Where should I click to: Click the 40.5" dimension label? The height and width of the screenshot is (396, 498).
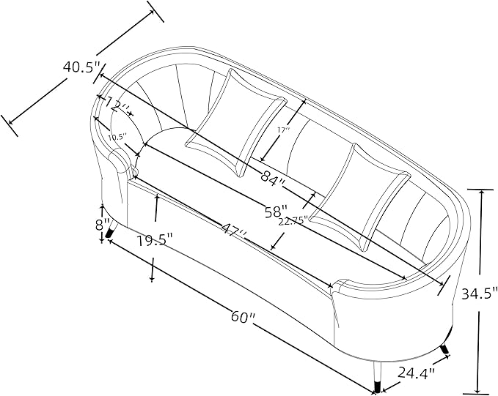click(81, 67)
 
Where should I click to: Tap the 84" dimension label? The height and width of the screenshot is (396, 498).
click(273, 176)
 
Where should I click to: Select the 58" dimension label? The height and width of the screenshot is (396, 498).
click(276, 211)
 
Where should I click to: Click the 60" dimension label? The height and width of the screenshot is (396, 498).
click(243, 315)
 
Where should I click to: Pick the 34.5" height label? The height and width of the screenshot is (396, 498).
click(479, 294)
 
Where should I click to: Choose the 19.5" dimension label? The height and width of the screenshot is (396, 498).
click(155, 240)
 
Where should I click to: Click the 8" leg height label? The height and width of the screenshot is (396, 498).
click(102, 225)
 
